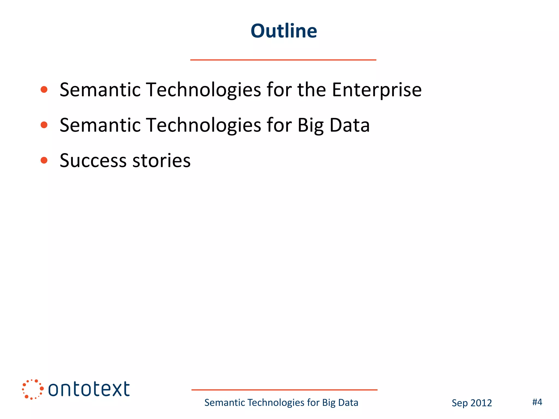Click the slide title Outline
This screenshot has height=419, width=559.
tap(284, 31)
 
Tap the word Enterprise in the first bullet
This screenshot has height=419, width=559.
tap(377, 90)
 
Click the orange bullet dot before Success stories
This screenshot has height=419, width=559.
tap(44, 160)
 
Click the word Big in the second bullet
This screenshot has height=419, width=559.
tap(310, 125)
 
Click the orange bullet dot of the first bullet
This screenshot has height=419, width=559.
tap(44, 89)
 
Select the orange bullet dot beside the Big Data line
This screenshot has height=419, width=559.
tap(44, 125)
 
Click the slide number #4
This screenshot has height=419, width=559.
tap(537, 402)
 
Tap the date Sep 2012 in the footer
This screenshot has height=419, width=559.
tap(472, 403)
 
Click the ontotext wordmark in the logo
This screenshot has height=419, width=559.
tap(89, 389)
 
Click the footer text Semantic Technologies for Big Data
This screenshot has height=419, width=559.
tap(281, 403)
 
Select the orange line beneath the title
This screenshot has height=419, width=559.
tap(283, 60)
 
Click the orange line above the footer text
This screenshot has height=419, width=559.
tap(284, 390)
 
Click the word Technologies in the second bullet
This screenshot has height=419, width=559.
tap(204, 125)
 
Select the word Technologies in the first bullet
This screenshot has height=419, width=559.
tap(204, 90)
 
